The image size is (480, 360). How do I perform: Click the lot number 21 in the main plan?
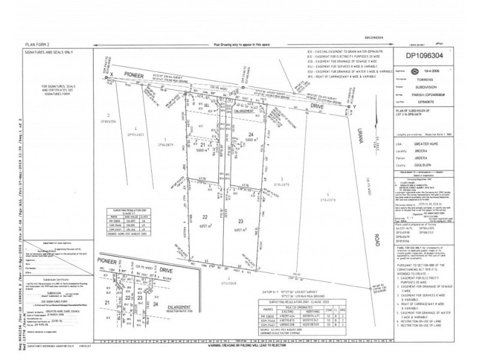coord(203,146)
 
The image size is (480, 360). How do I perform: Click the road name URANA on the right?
coord(361,142)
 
